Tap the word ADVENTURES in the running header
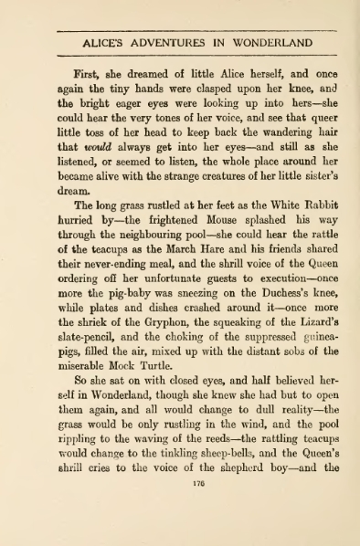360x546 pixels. (x=171, y=42)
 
